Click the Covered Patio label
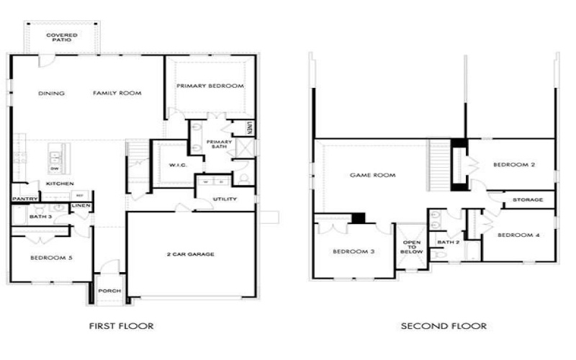click(x=63, y=37)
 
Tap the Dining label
click(x=52, y=93)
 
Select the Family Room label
click(x=117, y=93)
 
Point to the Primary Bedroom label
click(x=210, y=86)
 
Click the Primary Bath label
click(x=219, y=144)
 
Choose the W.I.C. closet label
click(x=177, y=166)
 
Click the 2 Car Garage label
click(x=191, y=253)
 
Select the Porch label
click(x=109, y=291)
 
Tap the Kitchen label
click(x=60, y=184)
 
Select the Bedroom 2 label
click(x=514, y=165)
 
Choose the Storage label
click(x=528, y=199)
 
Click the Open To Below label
click(x=411, y=247)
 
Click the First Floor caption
click(x=121, y=326)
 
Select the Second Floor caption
click(x=444, y=326)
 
